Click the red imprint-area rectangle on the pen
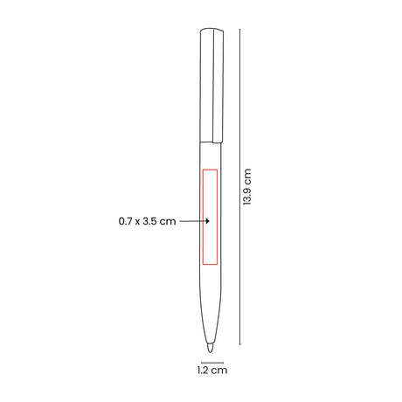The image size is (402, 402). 203,217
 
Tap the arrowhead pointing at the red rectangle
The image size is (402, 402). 207,221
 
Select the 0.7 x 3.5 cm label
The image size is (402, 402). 147,221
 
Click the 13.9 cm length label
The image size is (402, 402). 246,187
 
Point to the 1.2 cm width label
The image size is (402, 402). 212,371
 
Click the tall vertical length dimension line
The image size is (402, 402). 239,187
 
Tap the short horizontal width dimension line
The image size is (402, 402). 212,363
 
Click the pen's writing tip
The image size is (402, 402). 210,348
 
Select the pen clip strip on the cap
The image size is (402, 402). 218,86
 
